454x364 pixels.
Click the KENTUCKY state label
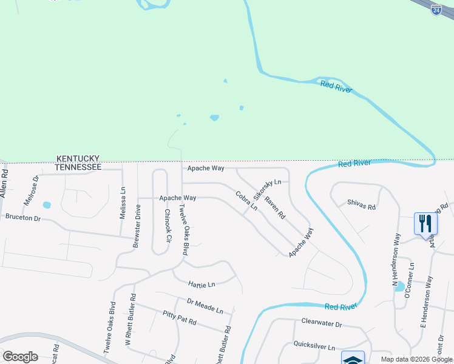coord(78,157)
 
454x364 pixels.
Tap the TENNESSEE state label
coord(78,166)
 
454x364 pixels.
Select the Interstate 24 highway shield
coord(436,9)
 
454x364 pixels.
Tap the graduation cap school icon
coord(353,359)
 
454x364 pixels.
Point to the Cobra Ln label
coord(246,201)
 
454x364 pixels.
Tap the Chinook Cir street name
coord(168,225)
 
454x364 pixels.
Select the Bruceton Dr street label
coord(22,217)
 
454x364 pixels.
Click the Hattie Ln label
coord(202,285)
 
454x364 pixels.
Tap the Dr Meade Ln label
coord(205,306)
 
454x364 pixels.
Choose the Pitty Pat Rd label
coord(180,318)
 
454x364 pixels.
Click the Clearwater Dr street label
coord(322,324)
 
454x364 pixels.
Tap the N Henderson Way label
coord(396,260)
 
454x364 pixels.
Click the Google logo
coord(20,357)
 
